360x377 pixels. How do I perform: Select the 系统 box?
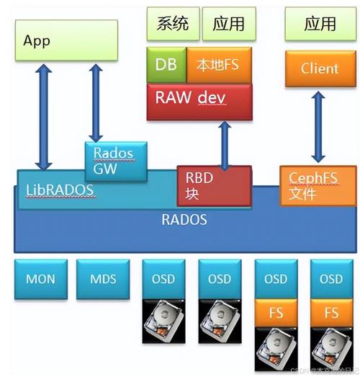(173, 24)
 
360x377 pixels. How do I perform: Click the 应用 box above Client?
(320, 24)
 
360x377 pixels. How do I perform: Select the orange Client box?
(320, 69)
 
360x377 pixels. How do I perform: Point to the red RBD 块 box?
(215, 186)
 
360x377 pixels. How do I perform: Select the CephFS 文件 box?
(318, 186)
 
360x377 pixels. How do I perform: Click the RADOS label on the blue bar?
(184, 219)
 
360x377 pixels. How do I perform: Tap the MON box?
(40, 279)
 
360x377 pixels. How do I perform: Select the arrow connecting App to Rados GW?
(94, 101)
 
